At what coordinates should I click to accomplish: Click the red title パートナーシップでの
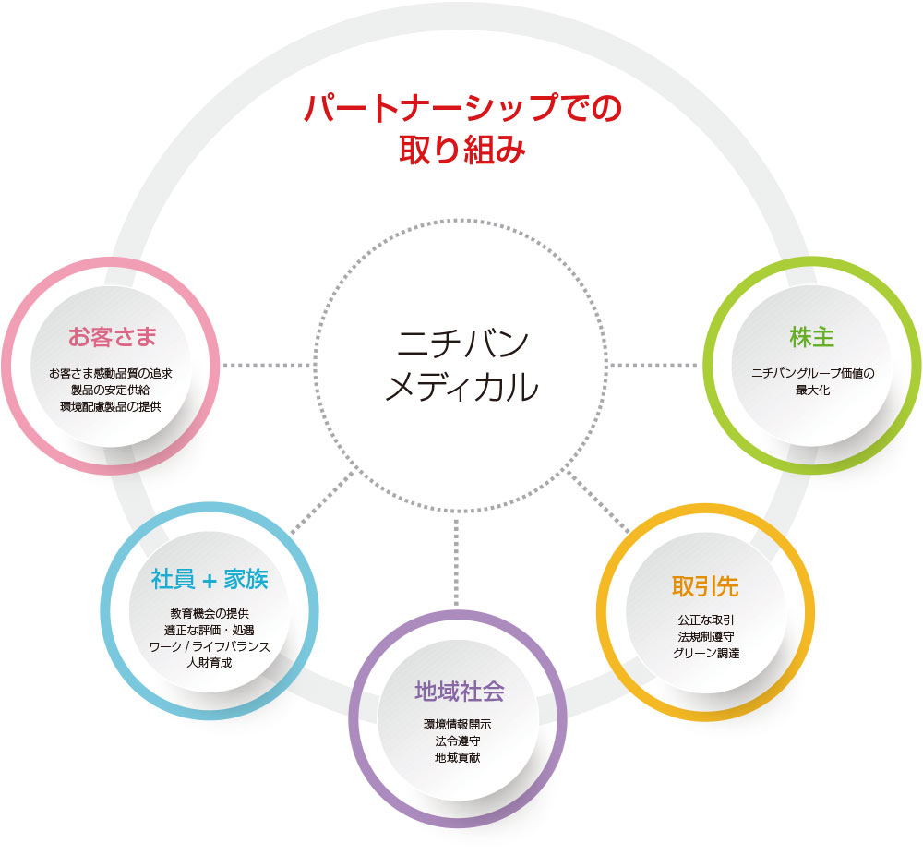point(462,108)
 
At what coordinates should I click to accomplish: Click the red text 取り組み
point(462,151)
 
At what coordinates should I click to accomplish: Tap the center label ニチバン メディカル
point(461,364)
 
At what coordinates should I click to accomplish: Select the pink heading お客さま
point(111,337)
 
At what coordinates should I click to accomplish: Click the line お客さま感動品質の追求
point(111,374)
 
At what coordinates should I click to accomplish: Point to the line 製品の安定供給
point(111,390)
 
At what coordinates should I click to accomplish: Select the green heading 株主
point(812,337)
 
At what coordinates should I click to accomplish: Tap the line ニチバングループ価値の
point(812,374)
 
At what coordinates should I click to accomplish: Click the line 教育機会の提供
point(210,614)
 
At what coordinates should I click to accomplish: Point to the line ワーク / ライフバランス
point(210,646)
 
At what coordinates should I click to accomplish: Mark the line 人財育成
point(210,663)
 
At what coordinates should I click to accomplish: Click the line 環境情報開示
point(458,725)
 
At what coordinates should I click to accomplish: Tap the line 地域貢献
point(458,757)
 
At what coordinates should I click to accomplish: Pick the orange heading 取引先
point(706,586)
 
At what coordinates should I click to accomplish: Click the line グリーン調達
point(706,654)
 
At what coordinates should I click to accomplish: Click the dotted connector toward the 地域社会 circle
point(457,563)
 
